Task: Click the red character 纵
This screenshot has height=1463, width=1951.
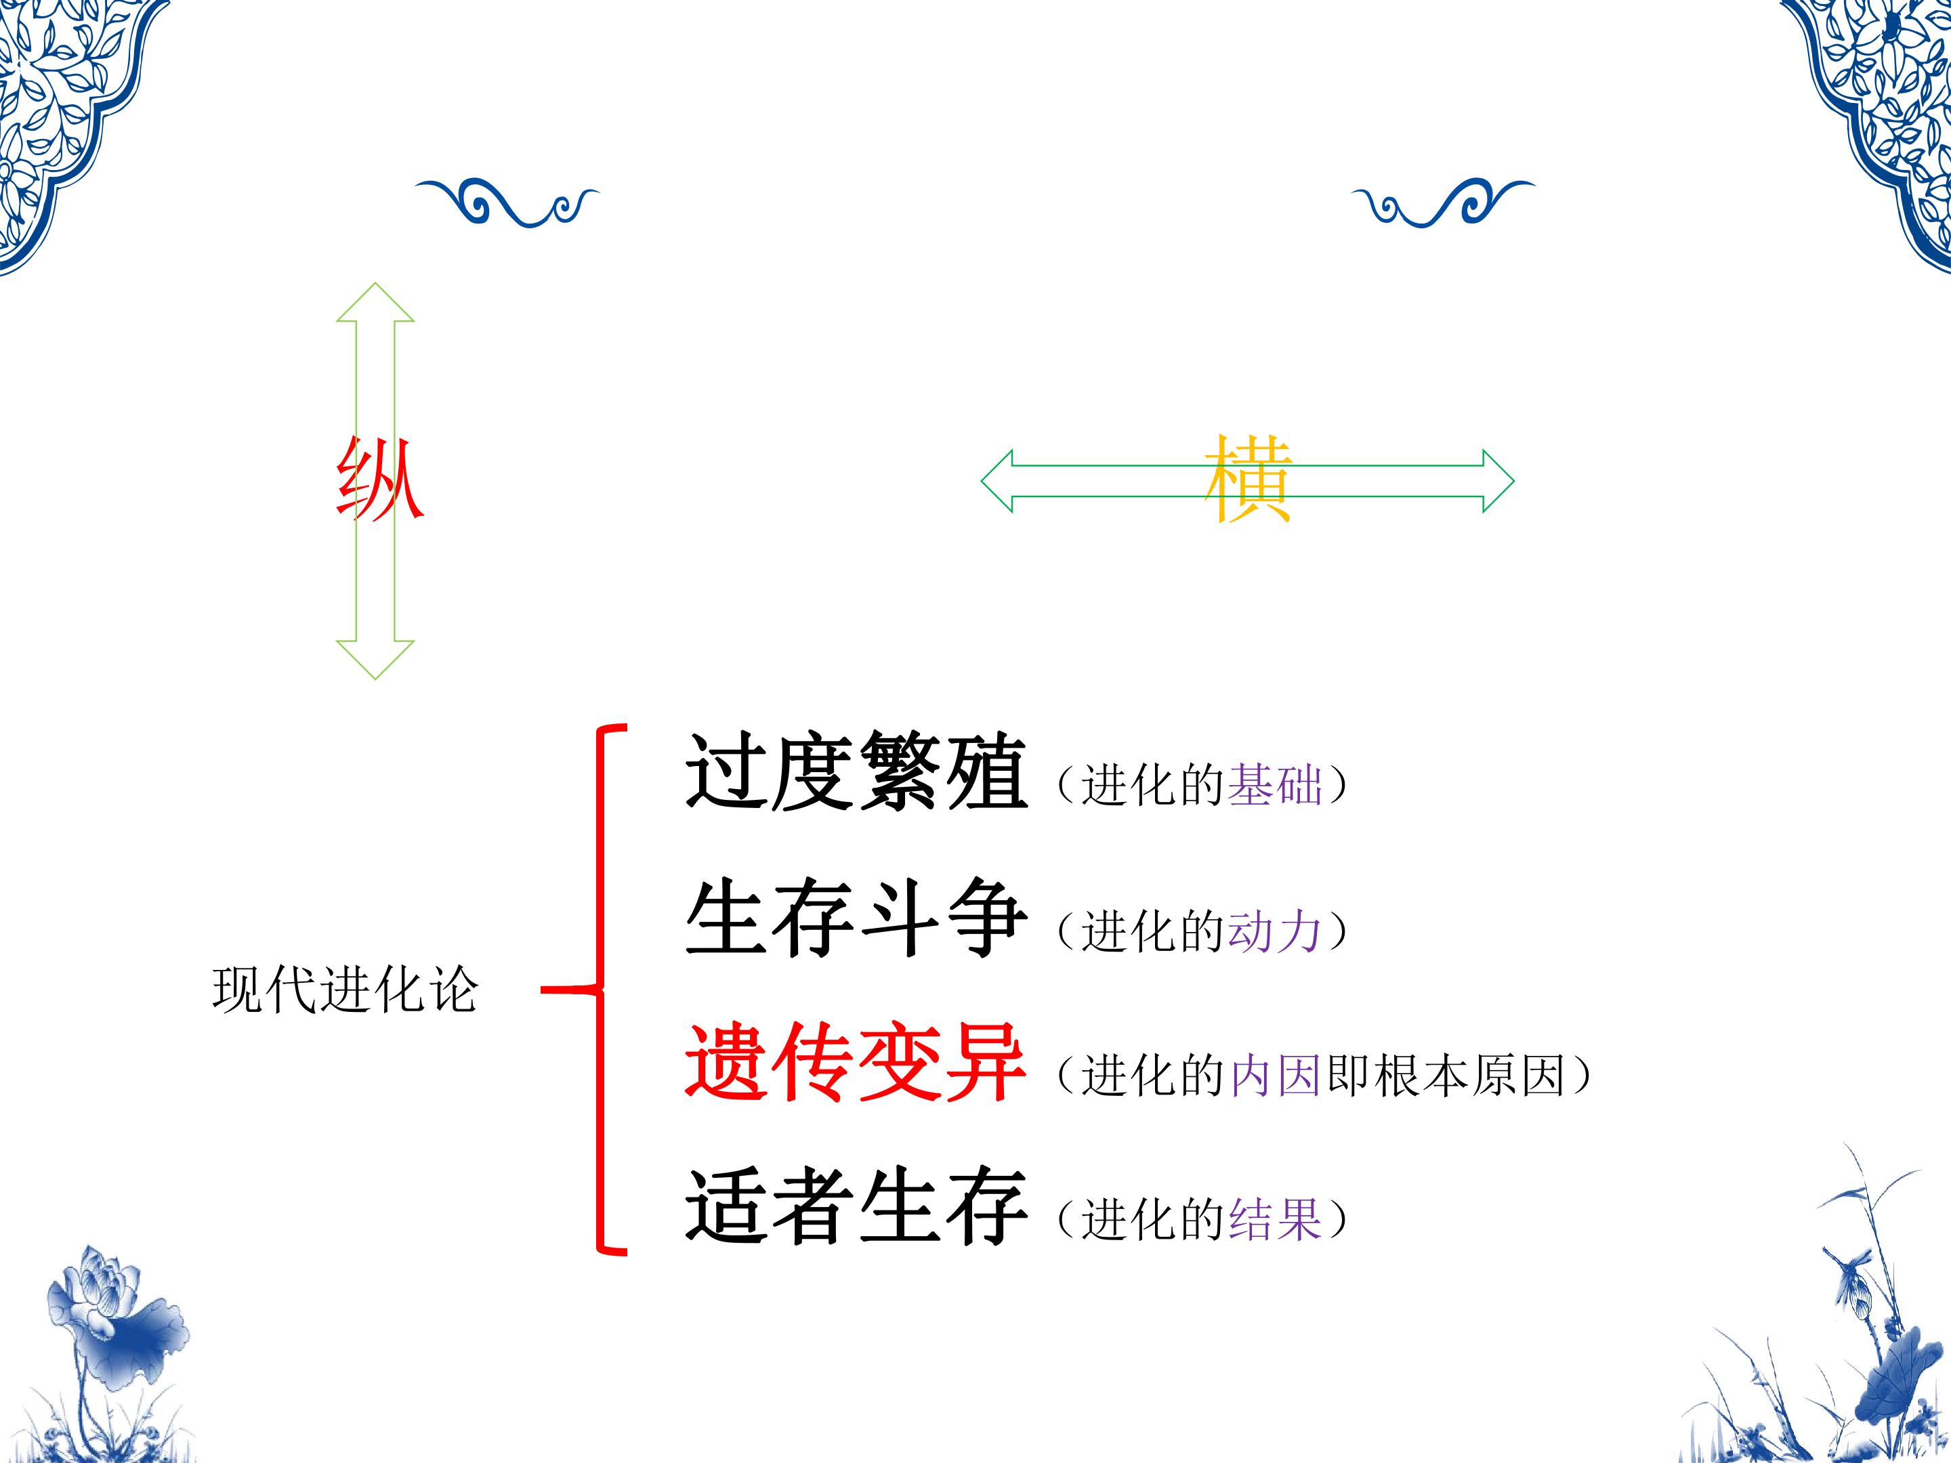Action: click(380, 478)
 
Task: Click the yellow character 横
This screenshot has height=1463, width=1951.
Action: click(1248, 478)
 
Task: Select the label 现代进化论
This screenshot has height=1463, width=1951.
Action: click(345, 990)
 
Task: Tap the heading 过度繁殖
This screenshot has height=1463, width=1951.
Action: click(856, 771)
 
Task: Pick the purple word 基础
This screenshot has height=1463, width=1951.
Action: click(1274, 784)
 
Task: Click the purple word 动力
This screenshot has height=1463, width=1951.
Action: click(1274, 931)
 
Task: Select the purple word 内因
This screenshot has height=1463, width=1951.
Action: click(1274, 1075)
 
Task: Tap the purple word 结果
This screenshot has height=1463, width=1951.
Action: click(1274, 1220)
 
